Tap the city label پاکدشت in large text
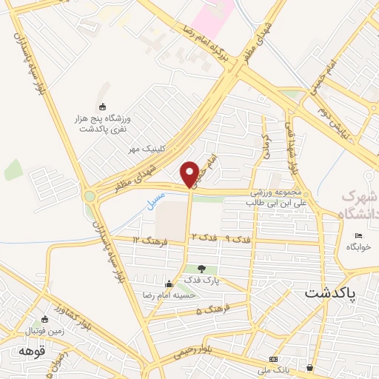click(330, 293)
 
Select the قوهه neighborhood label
click(33, 352)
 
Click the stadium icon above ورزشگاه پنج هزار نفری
click(102, 107)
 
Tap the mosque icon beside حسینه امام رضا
click(169, 283)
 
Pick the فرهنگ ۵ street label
click(214, 309)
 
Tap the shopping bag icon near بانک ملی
click(309, 368)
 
